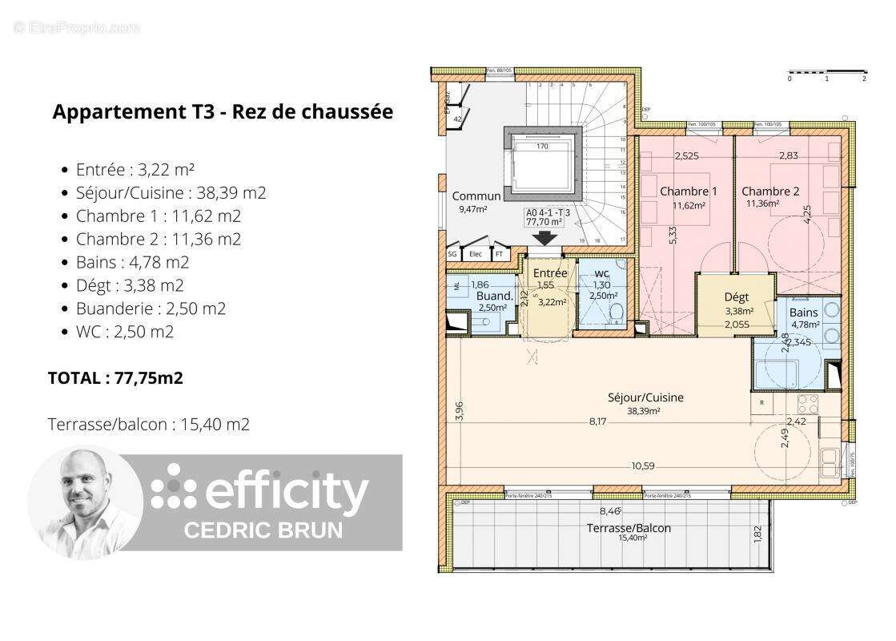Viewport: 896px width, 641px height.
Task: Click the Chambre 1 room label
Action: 688,191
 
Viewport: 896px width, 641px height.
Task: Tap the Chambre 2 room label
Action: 770,191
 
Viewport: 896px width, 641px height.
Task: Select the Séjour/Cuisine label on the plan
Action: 645,397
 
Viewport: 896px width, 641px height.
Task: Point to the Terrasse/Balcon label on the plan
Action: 629,528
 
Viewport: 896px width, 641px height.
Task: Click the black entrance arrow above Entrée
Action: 547,238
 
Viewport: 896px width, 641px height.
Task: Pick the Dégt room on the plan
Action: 736,297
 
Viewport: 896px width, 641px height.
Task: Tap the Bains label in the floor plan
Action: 803,312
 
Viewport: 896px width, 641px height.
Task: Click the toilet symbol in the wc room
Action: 615,312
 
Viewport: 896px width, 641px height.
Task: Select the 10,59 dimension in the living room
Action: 643,465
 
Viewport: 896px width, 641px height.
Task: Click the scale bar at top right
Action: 826,73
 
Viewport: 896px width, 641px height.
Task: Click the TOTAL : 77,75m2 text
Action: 115,378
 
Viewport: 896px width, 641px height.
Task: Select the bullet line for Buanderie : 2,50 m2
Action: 151,308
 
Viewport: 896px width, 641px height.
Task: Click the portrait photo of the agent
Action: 86,502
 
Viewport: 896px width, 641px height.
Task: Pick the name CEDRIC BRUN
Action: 264,530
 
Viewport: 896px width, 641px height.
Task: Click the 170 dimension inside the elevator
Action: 541,147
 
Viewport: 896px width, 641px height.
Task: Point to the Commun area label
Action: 476,196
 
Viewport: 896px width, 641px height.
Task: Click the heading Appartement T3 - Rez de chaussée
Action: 223,111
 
